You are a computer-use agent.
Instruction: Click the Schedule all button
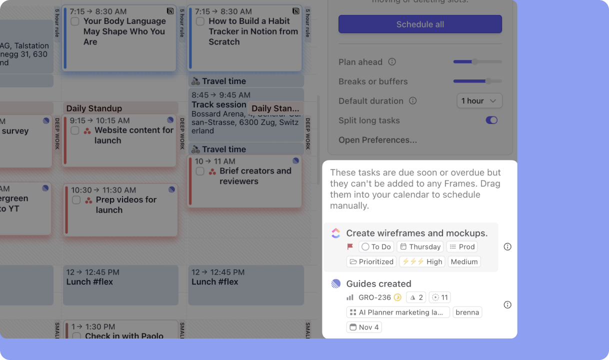(420, 24)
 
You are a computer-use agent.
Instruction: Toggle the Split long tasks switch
(491, 120)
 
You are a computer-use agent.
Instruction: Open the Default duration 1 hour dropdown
(479, 101)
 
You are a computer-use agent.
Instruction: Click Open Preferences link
(377, 140)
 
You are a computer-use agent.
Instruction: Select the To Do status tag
(376, 247)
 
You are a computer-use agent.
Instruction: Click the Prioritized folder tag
(371, 261)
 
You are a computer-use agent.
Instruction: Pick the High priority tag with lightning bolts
(422, 261)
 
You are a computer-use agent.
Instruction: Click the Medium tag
(464, 261)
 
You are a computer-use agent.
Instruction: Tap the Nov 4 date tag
(364, 327)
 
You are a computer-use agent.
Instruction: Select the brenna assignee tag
(467, 312)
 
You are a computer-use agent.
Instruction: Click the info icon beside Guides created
(507, 305)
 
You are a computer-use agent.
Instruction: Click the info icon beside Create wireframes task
(507, 247)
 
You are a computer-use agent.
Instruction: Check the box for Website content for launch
(74, 130)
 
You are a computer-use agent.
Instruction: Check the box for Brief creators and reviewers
(200, 171)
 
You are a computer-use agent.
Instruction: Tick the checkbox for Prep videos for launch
(76, 200)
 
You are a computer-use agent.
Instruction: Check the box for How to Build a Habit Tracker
(200, 21)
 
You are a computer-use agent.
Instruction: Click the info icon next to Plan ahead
(392, 62)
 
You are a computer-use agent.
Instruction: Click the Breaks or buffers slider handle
(488, 81)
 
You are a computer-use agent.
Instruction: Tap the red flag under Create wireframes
(350, 247)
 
